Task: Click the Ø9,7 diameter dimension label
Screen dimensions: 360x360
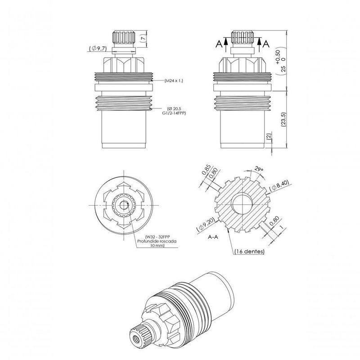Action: coord(98,49)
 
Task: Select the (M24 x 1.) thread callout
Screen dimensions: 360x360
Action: coord(174,81)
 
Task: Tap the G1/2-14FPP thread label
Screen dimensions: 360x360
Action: coord(174,113)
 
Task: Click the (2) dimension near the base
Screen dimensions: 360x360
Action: coord(269,136)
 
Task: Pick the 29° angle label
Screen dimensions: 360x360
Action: coord(259,169)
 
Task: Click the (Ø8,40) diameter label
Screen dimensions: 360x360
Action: coord(279,186)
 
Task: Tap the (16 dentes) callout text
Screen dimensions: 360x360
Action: coord(249,252)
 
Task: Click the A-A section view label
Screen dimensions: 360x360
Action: coord(213,237)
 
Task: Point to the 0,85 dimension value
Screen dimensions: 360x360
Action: coord(206,170)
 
